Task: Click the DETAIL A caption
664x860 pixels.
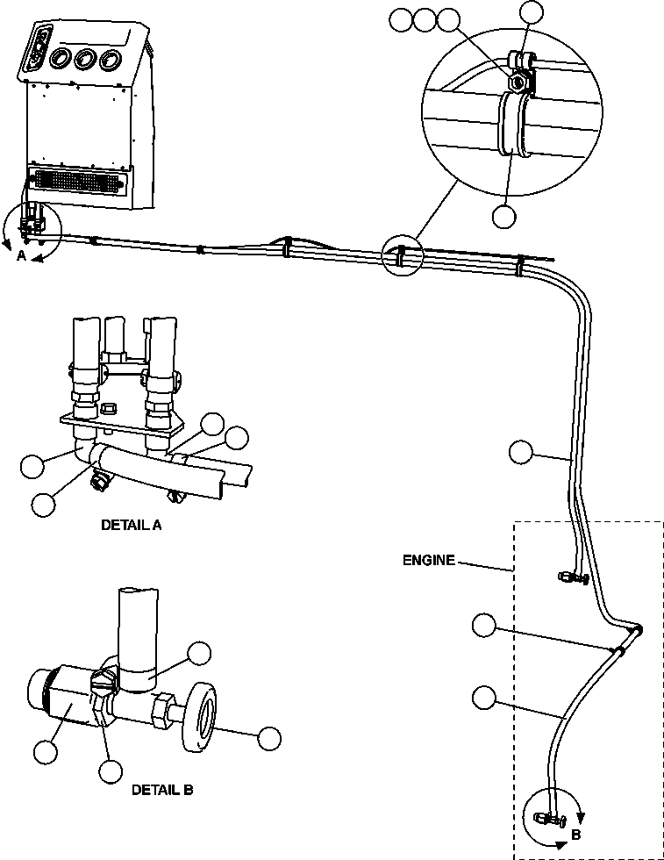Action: coord(132,526)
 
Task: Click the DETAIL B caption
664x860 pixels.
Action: coord(162,789)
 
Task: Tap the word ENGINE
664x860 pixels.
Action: coord(429,560)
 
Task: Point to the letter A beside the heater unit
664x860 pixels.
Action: coord(21,255)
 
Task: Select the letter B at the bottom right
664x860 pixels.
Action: coord(575,835)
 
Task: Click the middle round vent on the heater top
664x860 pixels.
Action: coord(86,60)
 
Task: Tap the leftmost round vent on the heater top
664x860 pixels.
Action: coord(61,59)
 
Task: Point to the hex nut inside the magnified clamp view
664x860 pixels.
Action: coord(517,82)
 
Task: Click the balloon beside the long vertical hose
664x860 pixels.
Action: coord(519,452)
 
